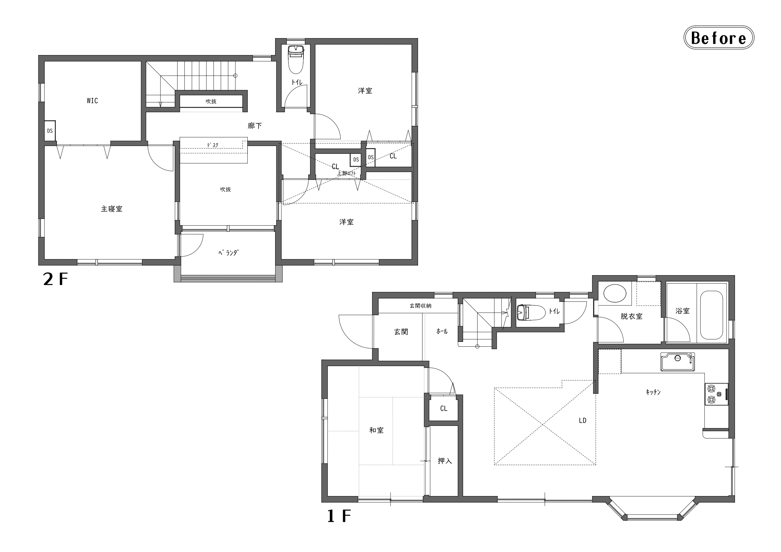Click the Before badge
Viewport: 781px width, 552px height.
[719, 38]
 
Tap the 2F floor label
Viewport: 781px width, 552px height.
[55, 279]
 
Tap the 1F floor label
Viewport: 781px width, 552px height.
[339, 516]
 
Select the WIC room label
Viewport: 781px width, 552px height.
[92, 101]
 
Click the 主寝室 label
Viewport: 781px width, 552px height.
[111, 209]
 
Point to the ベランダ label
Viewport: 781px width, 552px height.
[228, 253]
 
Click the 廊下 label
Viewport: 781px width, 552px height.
[255, 126]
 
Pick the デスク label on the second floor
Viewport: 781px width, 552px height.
[212, 145]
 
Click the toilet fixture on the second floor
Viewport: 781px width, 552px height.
[296, 59]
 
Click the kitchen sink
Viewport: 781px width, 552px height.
[678, 362]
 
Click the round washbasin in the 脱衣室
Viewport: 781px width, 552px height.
[615, 293]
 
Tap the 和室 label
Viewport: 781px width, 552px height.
[376, 430]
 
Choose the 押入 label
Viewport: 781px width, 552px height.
[444, 461]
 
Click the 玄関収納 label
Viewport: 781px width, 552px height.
[421, 306]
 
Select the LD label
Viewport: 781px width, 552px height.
[583, 421]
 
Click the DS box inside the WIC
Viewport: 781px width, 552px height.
[50, 131]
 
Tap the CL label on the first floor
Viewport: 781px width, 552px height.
[444, 408]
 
